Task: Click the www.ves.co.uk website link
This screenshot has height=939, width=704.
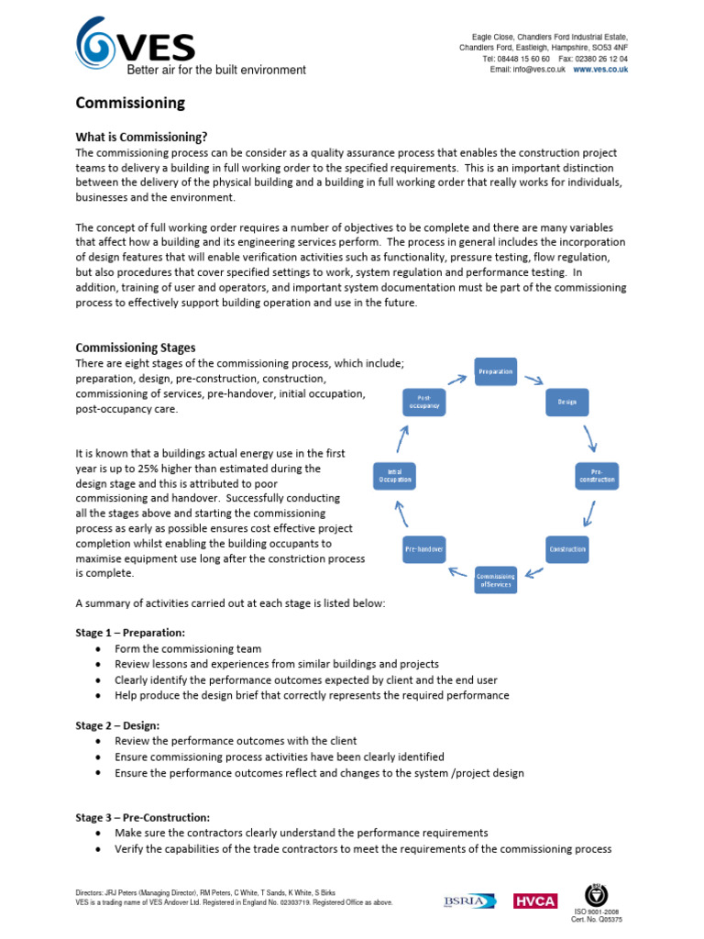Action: [x=600, y=70]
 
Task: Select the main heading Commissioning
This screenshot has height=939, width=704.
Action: [x=129, y=103]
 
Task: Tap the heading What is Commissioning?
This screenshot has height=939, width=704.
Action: [x=148, y=137]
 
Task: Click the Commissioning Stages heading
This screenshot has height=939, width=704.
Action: [x=135, y=348]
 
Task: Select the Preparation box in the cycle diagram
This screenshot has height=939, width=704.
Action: [x=496, y=371]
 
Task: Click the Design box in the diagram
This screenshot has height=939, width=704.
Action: [x=567, y=402]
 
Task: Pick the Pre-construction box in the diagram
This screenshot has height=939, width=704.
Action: [x=597, y=475]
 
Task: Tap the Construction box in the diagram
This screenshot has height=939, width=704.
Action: [x=567, y=549]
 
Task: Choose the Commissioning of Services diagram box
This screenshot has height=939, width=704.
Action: [x=496, y=580]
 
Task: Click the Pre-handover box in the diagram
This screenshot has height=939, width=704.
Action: [x=424, y=549]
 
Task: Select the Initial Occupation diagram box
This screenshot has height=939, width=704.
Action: [x=394, y=475]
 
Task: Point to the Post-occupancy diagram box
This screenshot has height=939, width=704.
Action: [x=424, y=402]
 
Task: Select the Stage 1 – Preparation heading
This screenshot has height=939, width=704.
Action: [x=130, y=633]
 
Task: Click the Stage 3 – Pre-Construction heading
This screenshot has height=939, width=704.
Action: [x=143, y=817]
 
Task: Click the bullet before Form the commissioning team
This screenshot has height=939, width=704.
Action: [x=98, y=649]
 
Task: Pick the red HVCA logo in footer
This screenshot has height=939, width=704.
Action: [x=535, y=901]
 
